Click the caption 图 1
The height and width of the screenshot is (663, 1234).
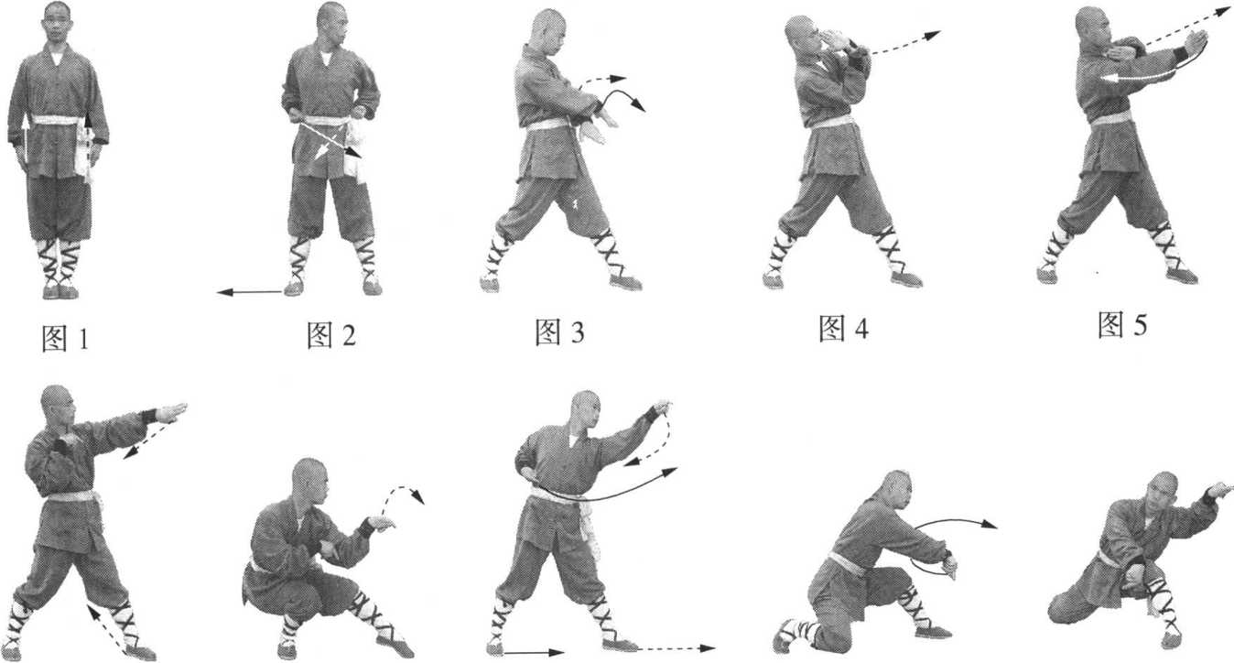point(65,339)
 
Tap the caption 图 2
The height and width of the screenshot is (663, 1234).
point(331,334)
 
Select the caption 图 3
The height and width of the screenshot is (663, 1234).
point(559,331)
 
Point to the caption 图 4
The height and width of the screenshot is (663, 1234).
point(843,329)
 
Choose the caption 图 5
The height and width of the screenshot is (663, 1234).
point(1122,324)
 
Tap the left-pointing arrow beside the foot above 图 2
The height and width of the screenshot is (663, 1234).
point(250,292)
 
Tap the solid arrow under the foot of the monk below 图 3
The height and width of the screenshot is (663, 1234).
point(534,653)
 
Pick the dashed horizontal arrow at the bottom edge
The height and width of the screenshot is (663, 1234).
point(677,648)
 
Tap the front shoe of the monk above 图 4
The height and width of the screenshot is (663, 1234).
point(905,279)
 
